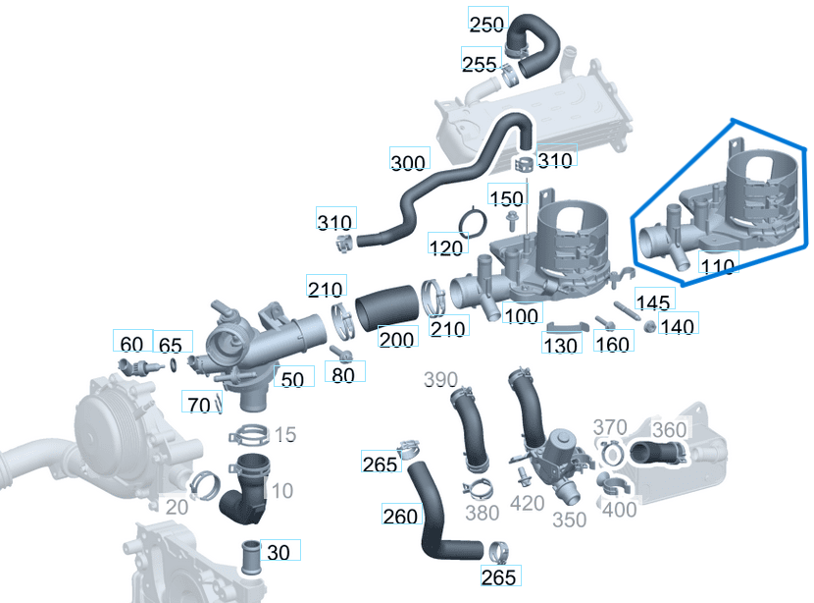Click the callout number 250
(x=487, y=24)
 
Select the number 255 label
(x=480, y=64)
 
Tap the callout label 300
(x=408, y=163)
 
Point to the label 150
(x=507, y=198)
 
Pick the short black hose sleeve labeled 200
(x=386, y=307)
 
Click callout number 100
(x=521, y=316)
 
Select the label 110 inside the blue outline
(x=718, y=265)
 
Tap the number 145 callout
(x=653, y=302)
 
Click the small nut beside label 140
(x=649, y=326)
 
